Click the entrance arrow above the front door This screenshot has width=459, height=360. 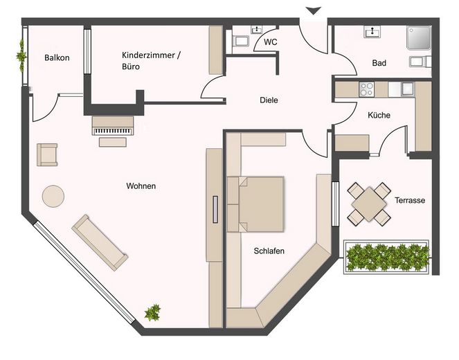click(313, 11)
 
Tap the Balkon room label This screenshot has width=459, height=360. click(57, 57)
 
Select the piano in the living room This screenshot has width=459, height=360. click(113, 126)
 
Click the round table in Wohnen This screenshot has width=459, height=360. click(53, 196)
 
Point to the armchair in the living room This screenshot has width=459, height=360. click(47, 154)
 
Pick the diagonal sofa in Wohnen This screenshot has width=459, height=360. click(100, 242)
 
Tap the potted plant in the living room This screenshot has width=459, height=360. click(152, 312)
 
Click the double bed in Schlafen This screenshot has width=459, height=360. click(255, 204)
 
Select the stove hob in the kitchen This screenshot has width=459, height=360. click(366, 89)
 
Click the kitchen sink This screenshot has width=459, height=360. click(408, 89)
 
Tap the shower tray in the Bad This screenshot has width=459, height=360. click(419, 38)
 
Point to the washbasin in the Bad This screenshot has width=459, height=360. click(372, 32)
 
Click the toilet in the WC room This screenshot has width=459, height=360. click(240, 42)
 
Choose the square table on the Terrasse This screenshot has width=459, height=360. click(369, 204)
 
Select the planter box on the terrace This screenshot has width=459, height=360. click(386, 258)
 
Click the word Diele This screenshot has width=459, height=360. click(269, 100)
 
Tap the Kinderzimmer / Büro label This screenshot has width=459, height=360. click(151, 61)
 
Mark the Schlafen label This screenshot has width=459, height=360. click(269, 251)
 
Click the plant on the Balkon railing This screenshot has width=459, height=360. click(21, 55)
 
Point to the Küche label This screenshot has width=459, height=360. click(379, 115)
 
